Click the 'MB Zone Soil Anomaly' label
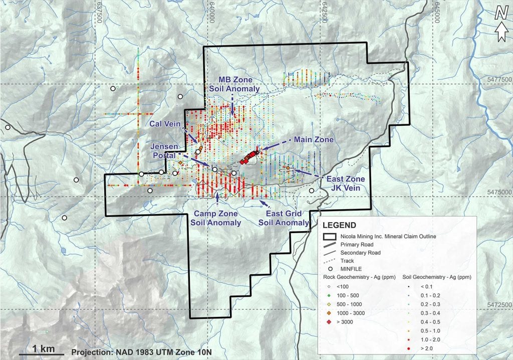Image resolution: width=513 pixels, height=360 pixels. (x=234, y=85)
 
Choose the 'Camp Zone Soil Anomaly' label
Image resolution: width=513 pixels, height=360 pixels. (x=217, y=218)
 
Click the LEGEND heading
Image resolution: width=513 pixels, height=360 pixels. (x=340, y=225)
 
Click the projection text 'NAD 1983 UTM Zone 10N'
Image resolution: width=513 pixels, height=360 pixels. (x=142, y=352)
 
